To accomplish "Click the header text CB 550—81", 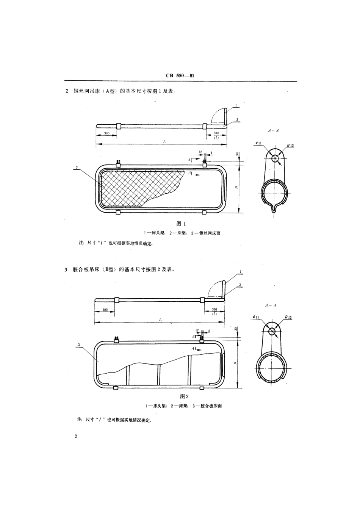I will [180, 76].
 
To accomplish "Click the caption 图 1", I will [182, 224].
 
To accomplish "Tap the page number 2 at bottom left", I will [76, 437].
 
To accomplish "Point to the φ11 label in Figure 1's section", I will [258, 143].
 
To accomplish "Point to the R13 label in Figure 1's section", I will [290, 145].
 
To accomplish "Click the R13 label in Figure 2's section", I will [289, 317].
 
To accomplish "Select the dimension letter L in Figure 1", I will [164, 141].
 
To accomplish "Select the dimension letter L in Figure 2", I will [160, 319].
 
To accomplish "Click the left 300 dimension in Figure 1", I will [107, 133].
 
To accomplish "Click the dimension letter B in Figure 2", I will [235, 363].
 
